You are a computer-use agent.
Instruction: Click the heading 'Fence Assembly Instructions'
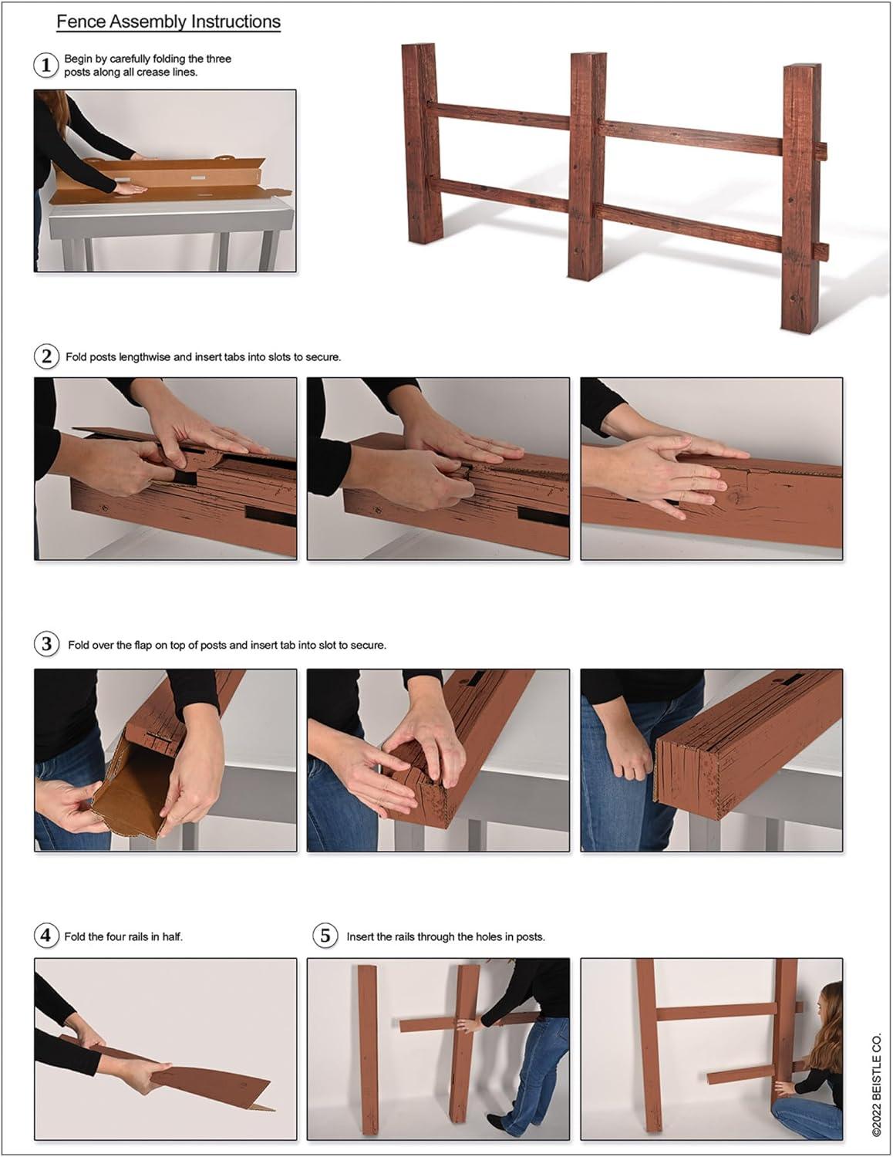pyautogui.click(x=168, y=22)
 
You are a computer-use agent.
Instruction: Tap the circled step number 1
pyautogui.click(x=46, y=66)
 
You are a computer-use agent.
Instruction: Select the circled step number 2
pyautogui.click(x=46, y=356)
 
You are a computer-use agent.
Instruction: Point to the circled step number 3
pyautogui.click(x=46, y=644)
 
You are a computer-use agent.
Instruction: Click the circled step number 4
pyautogui.click(x=46, y=936)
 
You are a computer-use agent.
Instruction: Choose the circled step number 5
pyautogui.click(x=325, y=936)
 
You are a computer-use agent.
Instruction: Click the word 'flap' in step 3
pyautogui.click(x=143, y=646)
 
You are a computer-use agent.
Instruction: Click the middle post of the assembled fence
pyautogui.click(x=588, y=165)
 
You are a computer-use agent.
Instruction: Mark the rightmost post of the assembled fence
pyautogui.click(x=801, y=197)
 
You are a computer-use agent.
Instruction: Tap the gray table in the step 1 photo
pyautogui.click(x=171, y=229)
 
